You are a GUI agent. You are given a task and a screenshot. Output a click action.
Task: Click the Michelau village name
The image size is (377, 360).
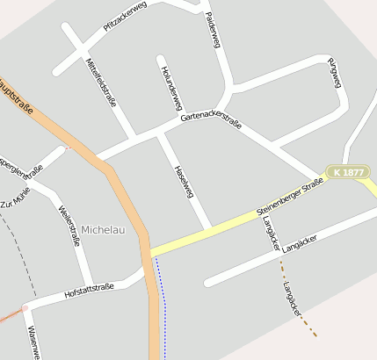(x=103, y=229)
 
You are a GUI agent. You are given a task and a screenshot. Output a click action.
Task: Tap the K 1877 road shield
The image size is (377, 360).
(x=349, y=173)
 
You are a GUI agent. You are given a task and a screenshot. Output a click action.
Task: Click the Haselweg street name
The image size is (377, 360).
(x=184, y=180)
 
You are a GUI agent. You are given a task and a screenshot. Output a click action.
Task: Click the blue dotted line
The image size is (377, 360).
(x=161, y=299)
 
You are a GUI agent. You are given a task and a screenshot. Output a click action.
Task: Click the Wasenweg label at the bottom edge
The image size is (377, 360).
(x=33, y=343)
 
